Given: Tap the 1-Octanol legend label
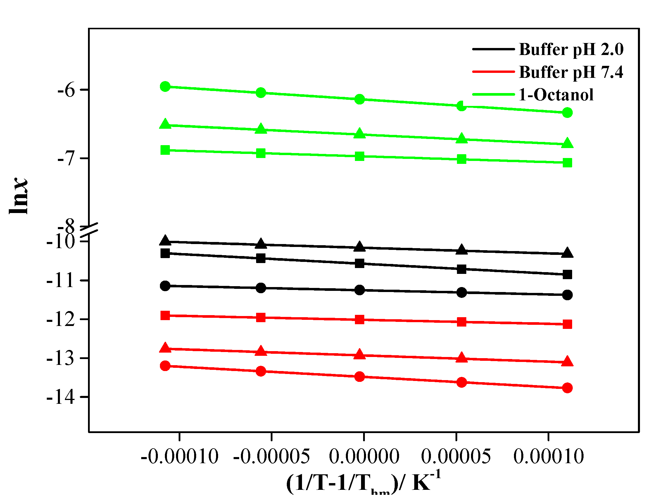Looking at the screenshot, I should (x=555, y=95).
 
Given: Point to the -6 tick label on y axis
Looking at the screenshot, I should (x=66, y=90).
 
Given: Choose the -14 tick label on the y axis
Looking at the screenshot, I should (x=61, y=397).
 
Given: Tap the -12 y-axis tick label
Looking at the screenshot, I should (x=61, y=319).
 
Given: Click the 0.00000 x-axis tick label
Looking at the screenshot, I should (x=364, y=456).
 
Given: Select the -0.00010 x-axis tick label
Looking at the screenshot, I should (x=180, y=456).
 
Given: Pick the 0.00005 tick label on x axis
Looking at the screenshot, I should (x=456, y=456).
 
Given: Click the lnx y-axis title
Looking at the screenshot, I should (x=18, y=196).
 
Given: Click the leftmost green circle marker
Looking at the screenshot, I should (x=165, y=87).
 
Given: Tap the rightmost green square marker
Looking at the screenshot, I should (x=567, y=163).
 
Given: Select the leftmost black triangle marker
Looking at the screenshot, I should (x=165, y=241).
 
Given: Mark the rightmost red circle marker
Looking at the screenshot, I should (x=567, y=388).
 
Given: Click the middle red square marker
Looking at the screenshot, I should (x=359, y=320).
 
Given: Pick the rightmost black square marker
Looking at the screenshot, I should (x=567, y=274).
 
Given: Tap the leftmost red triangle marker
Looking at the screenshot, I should (x=165, y=348).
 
